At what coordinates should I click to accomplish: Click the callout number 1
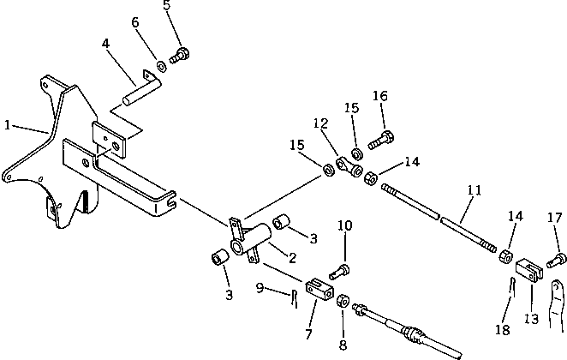(7, 125)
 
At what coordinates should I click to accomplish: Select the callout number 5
(167, 6)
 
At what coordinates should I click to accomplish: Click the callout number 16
(380, 96)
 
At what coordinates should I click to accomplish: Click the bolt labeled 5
(180, 56)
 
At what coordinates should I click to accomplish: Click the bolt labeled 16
(381, 136)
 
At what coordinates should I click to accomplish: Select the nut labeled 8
(343, 301)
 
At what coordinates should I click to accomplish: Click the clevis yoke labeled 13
(530, 273)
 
